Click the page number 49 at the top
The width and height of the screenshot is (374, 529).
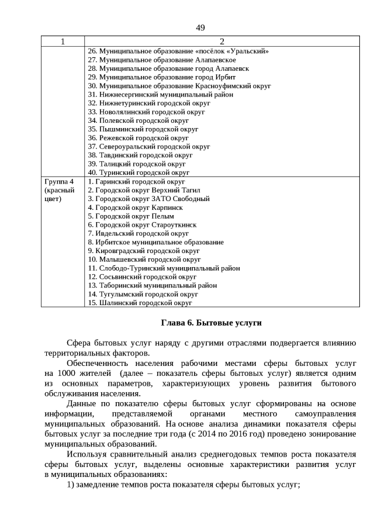point(200,27)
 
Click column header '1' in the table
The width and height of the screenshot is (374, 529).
point(63,42)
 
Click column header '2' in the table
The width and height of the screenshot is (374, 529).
point(221,42)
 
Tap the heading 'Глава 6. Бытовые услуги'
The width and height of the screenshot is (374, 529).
point(211,323)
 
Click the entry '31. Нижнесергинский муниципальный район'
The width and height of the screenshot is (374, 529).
point(160,94)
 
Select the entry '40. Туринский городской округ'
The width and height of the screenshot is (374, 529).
point(138,172)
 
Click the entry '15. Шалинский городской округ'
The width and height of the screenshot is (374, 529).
point(140,303)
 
